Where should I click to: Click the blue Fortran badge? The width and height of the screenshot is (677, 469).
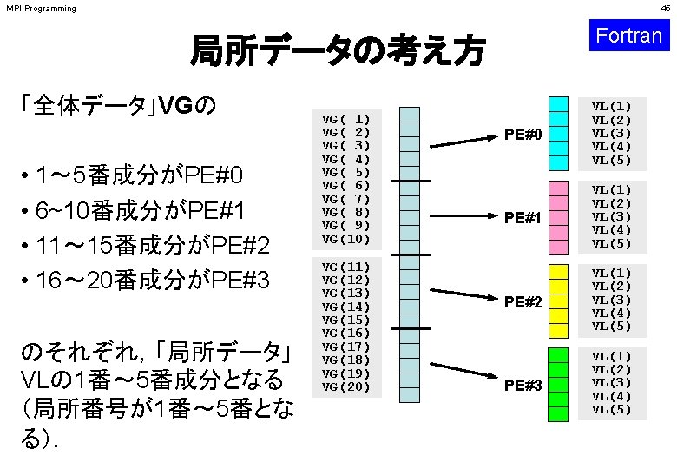629,36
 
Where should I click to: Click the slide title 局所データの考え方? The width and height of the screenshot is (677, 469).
338,51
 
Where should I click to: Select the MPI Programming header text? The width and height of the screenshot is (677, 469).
41,9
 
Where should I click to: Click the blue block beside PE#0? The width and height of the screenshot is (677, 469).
559,133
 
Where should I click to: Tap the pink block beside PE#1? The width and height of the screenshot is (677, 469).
559,217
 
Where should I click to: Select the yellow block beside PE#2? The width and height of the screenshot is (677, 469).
559,301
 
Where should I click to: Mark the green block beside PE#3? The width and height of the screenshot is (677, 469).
559,384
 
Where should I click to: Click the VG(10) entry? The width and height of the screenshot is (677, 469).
346,239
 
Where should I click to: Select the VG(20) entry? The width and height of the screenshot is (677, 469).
346,386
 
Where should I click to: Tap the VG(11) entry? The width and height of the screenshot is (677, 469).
346,266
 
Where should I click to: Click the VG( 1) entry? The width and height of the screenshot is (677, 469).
346,118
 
